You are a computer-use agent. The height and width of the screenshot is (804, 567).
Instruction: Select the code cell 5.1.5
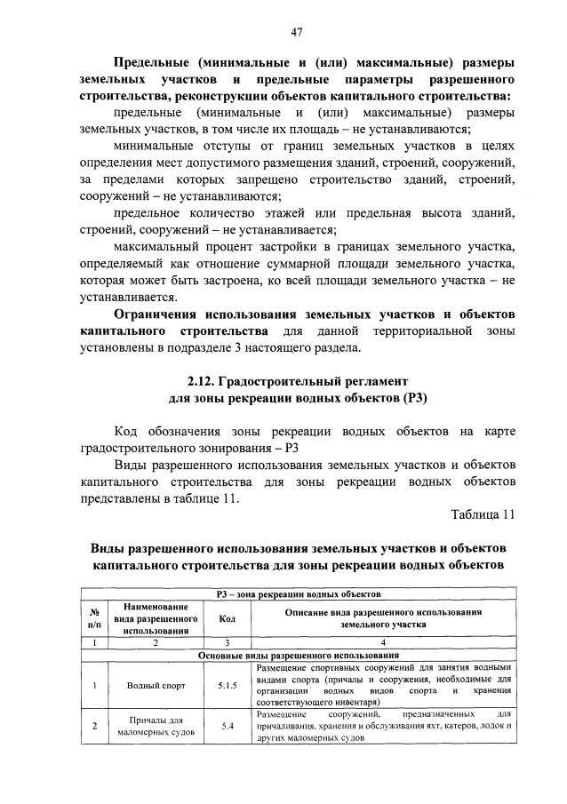pos(227,685)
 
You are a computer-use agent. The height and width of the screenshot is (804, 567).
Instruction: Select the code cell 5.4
pos(227,726)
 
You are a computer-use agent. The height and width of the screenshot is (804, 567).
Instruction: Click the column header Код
pos(227,618)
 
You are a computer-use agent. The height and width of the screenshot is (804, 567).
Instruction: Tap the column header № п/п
pos(94,618)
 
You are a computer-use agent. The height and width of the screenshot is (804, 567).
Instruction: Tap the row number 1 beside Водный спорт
pos(94,685)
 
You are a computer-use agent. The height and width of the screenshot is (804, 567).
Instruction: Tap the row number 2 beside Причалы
pos(94,726)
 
